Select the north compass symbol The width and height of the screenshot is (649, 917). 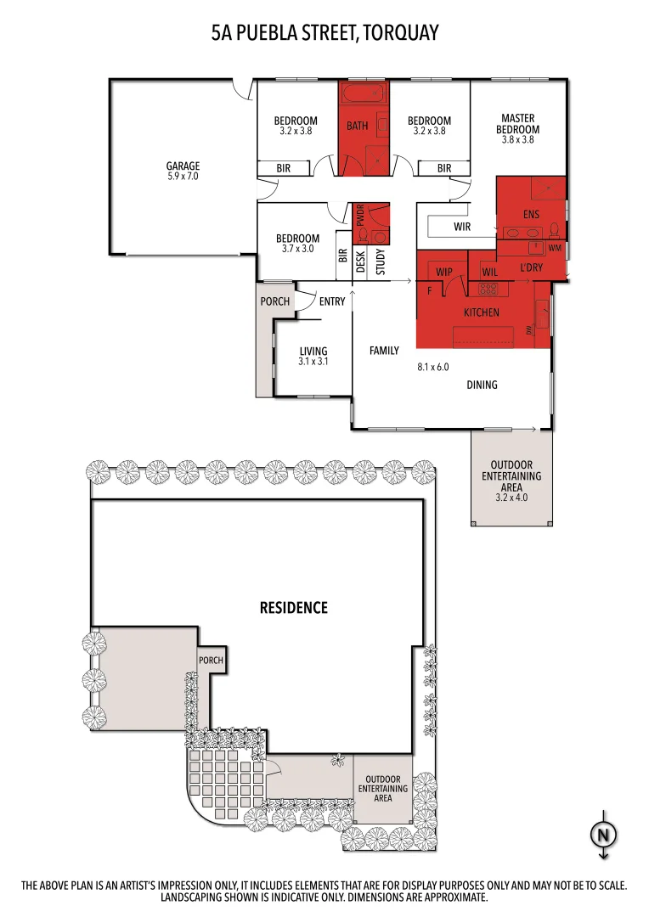pos(603,835)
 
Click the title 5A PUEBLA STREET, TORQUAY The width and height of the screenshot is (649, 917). pos(324,34)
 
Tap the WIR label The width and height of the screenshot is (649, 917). pos(462,227)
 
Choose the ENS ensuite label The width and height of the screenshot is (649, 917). pos(531,215)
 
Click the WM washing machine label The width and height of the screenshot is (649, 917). pos(555,248)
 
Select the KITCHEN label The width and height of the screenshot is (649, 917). pos(481,312)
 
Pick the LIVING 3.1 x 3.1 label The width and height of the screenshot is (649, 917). pos(313,356)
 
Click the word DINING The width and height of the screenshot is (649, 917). pos(482,385)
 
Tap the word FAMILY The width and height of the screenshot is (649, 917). pos(384,350)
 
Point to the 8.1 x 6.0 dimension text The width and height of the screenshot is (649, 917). pos(432,368)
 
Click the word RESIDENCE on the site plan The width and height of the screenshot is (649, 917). pos(293,607)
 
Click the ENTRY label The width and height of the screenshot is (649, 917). pos(332,301)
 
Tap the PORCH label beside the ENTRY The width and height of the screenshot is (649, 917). pos(274,301)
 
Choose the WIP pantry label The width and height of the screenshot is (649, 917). pos(443,272)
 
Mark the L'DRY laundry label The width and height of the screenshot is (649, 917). pos(531,268)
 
